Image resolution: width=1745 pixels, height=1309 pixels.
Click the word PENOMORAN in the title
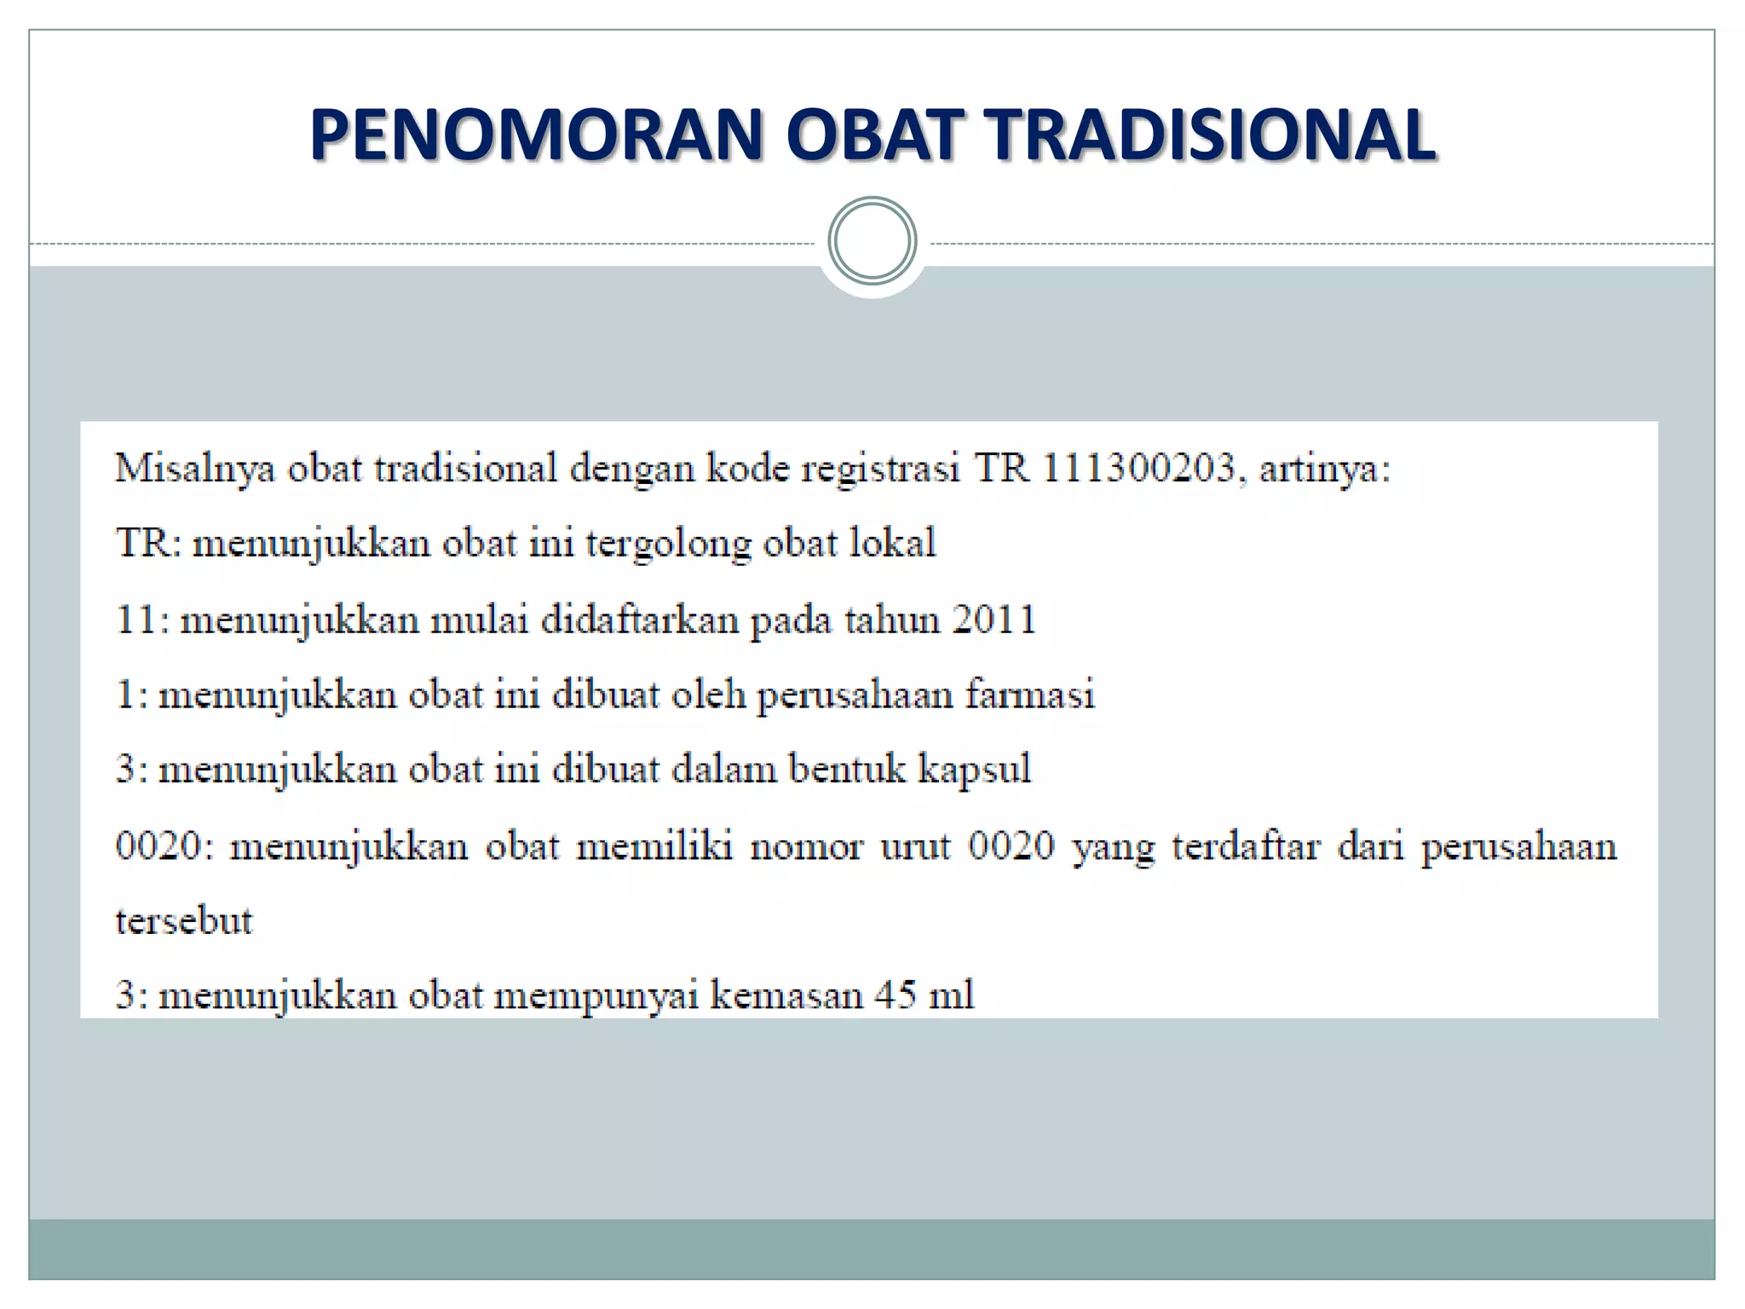(535, 135)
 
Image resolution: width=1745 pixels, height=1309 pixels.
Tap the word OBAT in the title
(872, 135)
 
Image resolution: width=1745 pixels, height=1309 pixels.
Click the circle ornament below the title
(872, 241)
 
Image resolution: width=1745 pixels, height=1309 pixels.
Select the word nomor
(805, 846)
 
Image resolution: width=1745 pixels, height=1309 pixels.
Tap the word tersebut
(184, 921)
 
